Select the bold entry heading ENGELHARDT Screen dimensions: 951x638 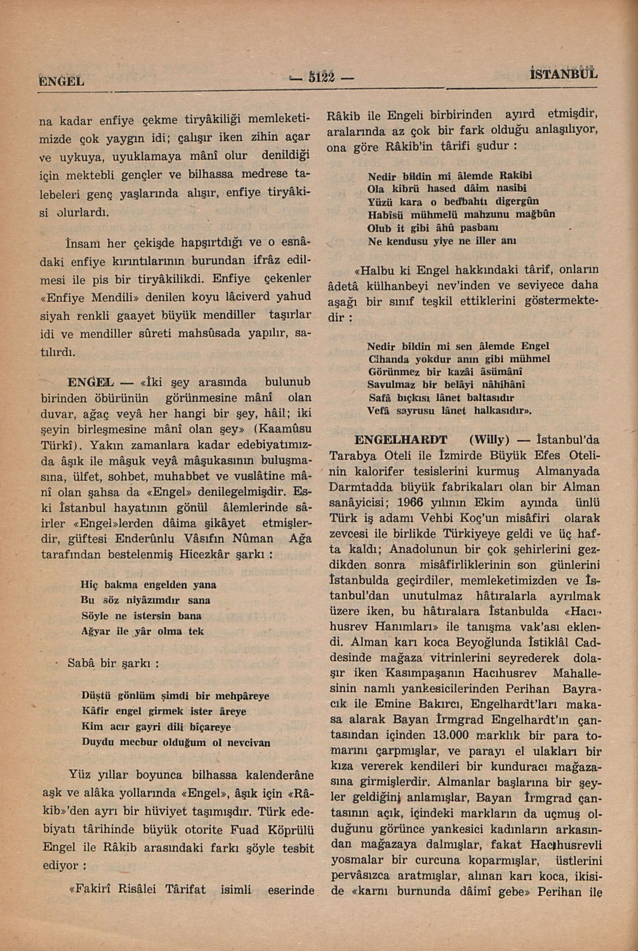(x=401, y=440)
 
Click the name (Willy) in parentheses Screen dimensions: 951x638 (x=484, y=440)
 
